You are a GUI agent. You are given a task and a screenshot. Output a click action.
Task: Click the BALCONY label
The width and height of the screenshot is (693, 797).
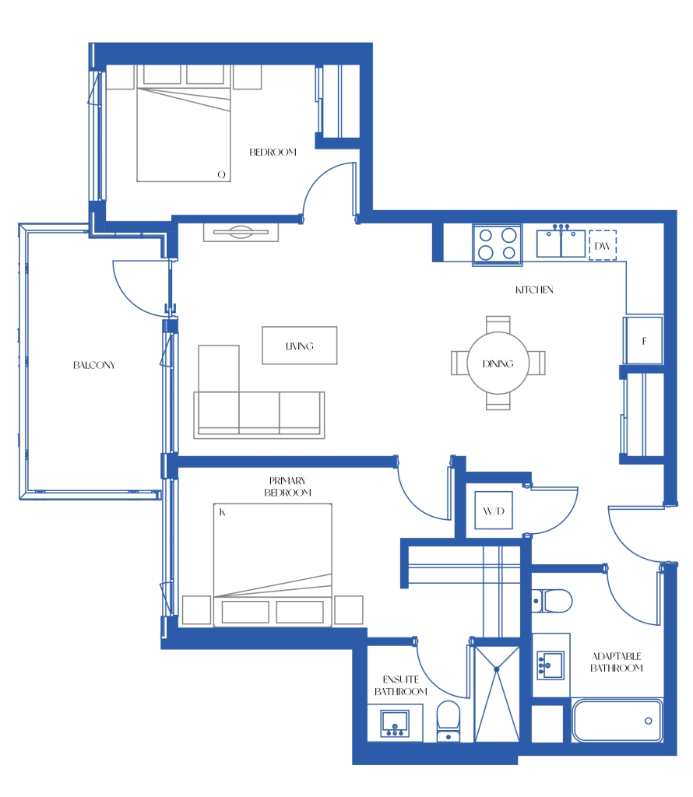point(94,365)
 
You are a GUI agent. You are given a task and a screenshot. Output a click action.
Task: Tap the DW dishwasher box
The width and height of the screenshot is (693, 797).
point(603,245)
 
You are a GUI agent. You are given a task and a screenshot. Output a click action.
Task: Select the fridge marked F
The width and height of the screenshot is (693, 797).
point(644,341)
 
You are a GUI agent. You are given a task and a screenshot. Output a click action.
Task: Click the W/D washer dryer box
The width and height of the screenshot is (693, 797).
point(493,511)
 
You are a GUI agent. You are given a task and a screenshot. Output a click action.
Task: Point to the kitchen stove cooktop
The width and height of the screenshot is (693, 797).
point(498,244)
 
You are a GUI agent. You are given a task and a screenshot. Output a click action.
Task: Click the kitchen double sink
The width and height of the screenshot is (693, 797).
point(561,243)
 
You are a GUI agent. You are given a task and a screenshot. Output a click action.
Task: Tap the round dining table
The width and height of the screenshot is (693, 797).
point(498,363)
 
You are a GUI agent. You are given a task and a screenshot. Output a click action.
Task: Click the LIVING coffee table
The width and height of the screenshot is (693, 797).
point(300,346)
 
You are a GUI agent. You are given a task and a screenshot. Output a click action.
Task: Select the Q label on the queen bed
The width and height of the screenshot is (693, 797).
point(221,174)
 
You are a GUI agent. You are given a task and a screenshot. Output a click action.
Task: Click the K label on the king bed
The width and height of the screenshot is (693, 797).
point(222,512)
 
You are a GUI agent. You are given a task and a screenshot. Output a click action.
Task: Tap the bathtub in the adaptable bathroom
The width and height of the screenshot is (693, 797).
point(617,720)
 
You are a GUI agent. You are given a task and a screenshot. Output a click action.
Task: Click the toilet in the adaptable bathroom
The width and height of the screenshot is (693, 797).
point(552,602)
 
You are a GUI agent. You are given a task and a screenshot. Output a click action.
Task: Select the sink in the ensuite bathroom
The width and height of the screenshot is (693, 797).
point(395,723)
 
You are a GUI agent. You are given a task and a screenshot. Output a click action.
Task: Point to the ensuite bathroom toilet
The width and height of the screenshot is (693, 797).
point(449,722)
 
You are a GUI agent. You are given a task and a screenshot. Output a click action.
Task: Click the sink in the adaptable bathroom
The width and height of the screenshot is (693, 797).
point(551,665)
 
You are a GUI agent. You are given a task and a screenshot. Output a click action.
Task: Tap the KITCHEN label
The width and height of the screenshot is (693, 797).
point(534,290)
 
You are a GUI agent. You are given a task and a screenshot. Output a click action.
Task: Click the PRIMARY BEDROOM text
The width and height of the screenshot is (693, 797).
point(288,486)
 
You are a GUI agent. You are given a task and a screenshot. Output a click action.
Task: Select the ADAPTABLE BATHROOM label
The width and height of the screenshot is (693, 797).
point(616,662)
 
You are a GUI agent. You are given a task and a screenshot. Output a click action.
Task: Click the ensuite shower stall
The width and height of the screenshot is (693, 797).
point(497,693)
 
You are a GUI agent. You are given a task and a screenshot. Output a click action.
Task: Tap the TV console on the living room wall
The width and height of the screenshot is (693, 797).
point(241,232)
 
